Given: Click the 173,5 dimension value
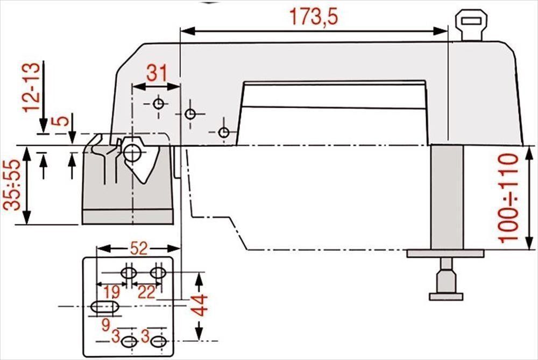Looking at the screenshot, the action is click(x=314, y=17).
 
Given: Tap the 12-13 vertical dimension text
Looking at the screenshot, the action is click(x=31, y=87).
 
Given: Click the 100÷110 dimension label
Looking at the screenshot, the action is click(x=508, y=199).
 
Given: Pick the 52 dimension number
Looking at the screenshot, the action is click(x=138, y=248).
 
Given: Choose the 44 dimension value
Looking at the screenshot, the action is click(x=200, y=305).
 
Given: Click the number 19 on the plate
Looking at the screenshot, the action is click(x=112, y=292).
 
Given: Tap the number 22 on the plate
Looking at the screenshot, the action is click(x=146, y=292).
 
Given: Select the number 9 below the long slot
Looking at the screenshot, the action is click(x=105, y=324).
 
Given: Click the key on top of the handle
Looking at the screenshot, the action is click(x=471, y=25).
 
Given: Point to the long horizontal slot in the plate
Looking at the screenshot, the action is click(x=105, y=307).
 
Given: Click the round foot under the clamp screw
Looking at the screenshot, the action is click(x=446, y=296).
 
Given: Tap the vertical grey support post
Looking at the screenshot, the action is click(x=447, y=197).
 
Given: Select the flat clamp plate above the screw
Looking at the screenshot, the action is click(x=445, y=253).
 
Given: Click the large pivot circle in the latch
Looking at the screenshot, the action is click(x=132, y=153).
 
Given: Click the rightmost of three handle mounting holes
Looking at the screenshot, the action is click(x=224, y=132).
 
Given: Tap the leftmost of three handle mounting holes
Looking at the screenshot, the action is click(x=158, y=103).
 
